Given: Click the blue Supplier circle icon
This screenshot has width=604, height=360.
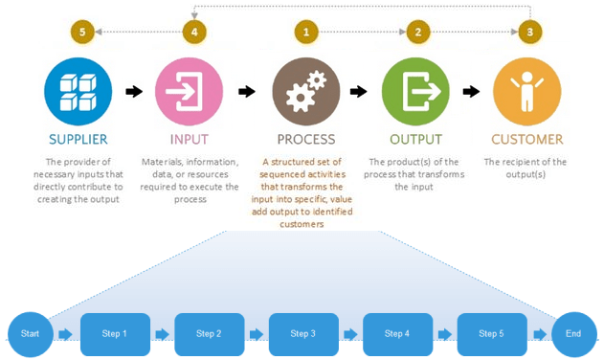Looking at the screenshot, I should pos(78,92).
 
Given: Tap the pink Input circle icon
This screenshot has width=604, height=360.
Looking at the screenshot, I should pos(190,92).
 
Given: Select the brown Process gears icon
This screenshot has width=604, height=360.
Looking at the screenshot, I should pos(305,92).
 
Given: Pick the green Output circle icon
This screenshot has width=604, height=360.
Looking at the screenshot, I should pos(415,92).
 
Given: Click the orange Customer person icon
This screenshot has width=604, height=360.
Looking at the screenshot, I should pos(526,92).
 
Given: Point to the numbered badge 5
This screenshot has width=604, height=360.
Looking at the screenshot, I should pos(82,33).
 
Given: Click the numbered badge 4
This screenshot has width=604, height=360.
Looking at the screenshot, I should pos(194,33).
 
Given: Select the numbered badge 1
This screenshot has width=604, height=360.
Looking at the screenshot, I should pos(306,33).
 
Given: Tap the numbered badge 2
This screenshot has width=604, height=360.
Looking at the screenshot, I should pos(417,33).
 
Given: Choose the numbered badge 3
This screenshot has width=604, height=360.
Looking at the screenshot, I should pos(530,33).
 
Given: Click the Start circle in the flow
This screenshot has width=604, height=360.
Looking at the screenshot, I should pos(31,334).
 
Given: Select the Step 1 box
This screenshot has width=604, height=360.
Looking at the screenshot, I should pos(115,334).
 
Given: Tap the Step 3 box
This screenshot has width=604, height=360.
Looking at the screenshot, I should pos(303,334).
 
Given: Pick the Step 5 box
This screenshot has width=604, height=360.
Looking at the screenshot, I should pos(491,334).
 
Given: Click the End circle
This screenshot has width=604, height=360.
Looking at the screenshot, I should pos(573,334).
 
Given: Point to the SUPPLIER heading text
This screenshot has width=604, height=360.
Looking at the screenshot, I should pos(78,140).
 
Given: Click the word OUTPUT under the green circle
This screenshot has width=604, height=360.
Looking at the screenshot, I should pos(415,140).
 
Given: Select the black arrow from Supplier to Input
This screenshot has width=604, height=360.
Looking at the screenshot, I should pos(134,92).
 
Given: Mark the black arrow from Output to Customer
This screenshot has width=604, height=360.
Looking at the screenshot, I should pos(471,92).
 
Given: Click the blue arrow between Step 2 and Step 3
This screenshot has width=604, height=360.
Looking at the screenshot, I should pos(256,334).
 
